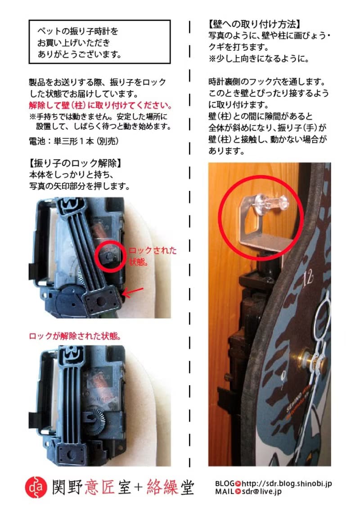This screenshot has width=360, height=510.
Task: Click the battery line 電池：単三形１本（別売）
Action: (x=73, y=141)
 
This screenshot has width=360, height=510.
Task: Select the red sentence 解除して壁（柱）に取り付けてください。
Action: (x=100, y=106)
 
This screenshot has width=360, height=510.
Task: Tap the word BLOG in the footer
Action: (x=225, y=483)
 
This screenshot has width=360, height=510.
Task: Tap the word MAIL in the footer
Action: (x=224, y=492)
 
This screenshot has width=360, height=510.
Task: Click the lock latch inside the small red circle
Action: (x=109, y=255)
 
